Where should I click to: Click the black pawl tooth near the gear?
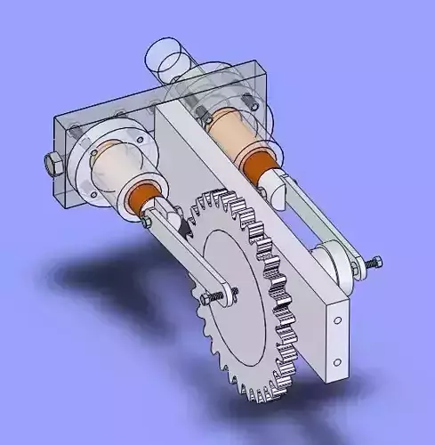[185, 227]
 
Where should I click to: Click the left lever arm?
[178, 249]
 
